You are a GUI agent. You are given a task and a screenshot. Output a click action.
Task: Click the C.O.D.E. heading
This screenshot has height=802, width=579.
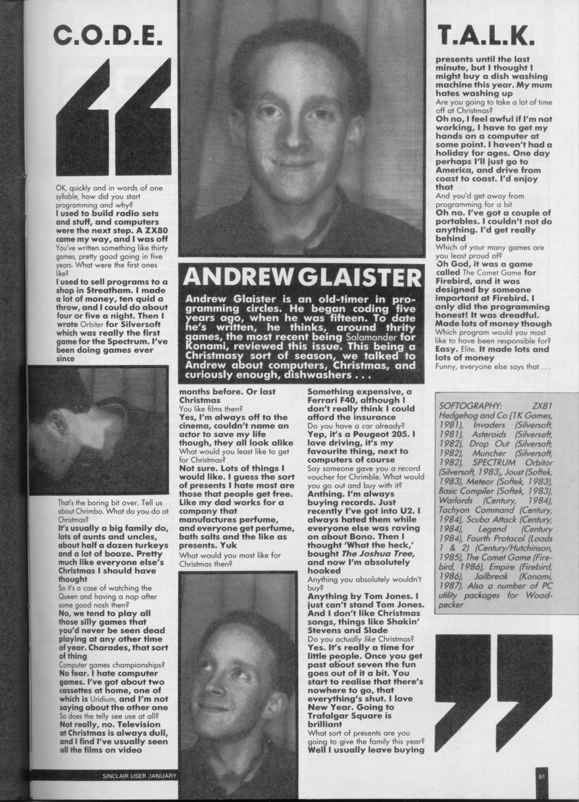108,38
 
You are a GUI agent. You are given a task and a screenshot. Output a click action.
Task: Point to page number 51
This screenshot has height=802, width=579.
542,776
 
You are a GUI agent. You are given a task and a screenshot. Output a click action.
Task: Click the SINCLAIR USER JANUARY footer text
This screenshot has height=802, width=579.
138,776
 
